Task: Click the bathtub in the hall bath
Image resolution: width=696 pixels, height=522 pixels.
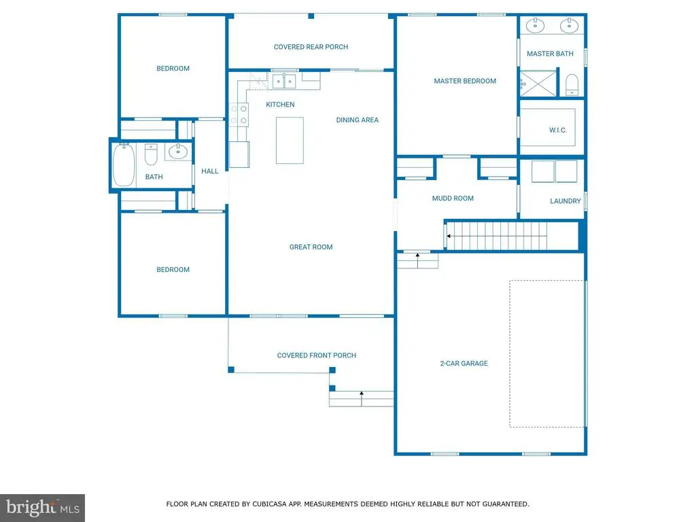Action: pos(124,165)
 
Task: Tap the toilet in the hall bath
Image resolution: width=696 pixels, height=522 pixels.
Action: pos(152,155)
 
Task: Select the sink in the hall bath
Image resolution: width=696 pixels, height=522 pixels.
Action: pos(178,151)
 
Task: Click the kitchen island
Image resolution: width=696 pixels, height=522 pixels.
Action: pos(290,140)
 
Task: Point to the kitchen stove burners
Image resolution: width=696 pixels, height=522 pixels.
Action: pos(238,114)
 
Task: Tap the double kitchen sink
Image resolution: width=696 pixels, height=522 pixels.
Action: pos(284,82)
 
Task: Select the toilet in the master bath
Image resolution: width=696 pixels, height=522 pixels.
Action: pos(572,85)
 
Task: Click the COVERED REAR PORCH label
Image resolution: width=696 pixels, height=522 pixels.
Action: pos(311,47)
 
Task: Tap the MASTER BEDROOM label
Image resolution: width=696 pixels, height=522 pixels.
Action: pos(465,81)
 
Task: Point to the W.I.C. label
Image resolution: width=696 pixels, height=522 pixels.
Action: pos(557,130)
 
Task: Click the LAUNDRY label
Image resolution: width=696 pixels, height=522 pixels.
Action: pos(565,201)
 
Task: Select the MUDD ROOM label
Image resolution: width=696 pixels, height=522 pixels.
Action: pos(453,198)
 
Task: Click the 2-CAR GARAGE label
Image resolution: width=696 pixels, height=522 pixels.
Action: pos(464,364)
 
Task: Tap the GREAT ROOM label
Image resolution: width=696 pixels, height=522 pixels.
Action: pos(311,247)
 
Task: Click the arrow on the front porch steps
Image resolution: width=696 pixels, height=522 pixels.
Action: pos(362,394)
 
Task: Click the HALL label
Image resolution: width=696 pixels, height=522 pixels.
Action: pos(210,171)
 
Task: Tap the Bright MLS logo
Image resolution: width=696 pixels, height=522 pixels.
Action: pos(42,507)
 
